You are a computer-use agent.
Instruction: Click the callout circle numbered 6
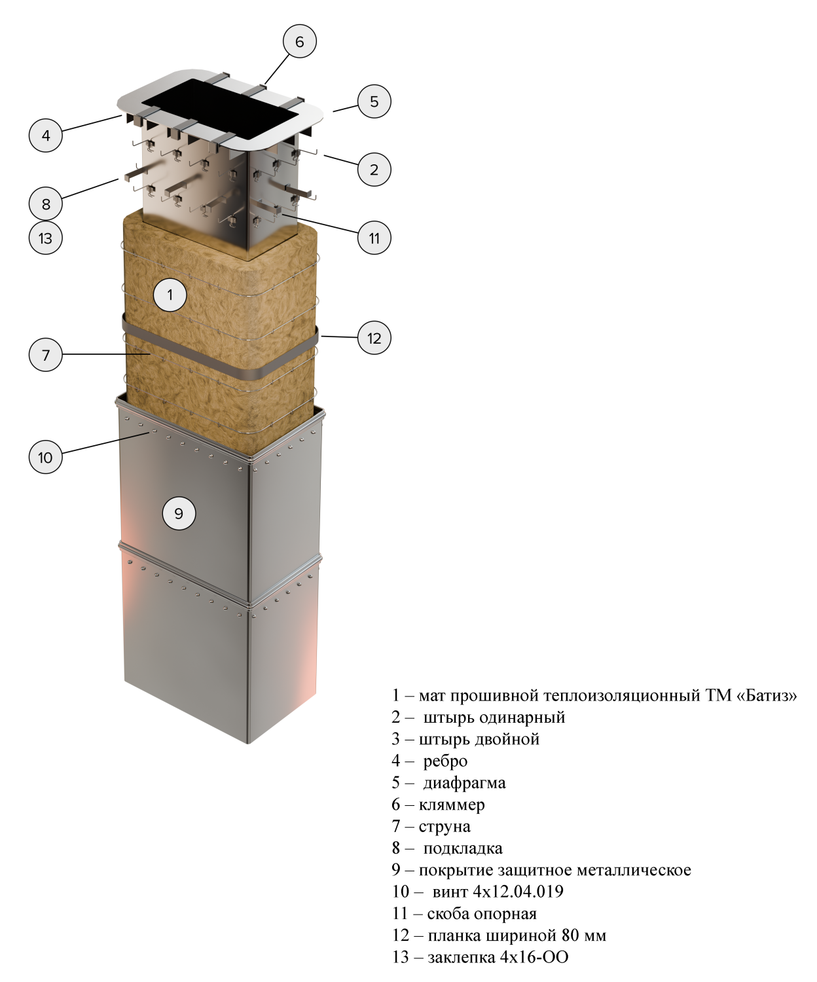coord(300,41)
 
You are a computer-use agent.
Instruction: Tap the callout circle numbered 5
coord(374,101)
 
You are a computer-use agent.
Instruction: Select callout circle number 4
coord(46,136)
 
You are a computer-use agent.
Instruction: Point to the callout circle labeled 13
coord(46,238)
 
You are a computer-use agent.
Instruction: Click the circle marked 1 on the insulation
coord(170,295)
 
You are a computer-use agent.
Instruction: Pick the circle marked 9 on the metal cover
coord(179,513)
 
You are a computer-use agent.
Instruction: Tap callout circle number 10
coord(46,457)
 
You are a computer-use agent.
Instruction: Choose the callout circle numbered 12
coord(374,338)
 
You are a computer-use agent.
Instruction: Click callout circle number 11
coord(374,238)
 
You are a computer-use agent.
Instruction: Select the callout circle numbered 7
coord(46,355)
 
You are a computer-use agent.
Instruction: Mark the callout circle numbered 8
coord(46,204)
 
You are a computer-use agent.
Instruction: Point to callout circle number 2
coord(374,170)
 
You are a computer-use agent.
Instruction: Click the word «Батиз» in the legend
coord(767,695)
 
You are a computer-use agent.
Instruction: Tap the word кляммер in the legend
coord(452,805)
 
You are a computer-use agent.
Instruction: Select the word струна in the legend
coord(445,827)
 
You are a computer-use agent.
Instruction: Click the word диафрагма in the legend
coord(464,783)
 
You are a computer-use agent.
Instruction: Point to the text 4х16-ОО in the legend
coord(534,957)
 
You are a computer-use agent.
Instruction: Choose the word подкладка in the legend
coord(463,848)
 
